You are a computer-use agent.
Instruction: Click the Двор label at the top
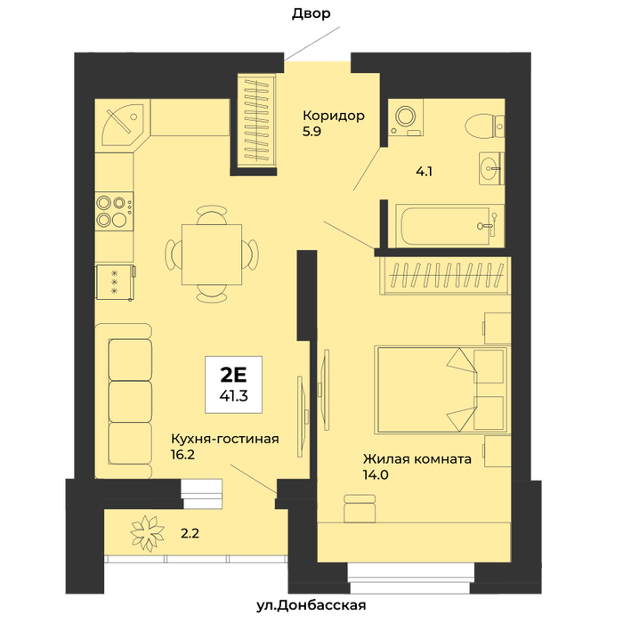pyautogui.click(x=311, y=14)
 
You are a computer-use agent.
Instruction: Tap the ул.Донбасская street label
pyautogui.click(x=311, y=605)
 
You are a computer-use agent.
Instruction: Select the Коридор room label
pyautogui.click(x=334, y=116)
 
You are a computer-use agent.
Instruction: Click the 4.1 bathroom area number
pyautogui.click(x=424, y=172)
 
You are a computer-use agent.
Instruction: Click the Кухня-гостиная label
pyautogui.click(x=225, y=439)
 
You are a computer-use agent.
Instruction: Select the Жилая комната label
pyautogui.click(x=417, y=459)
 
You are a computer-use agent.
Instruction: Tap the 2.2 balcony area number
pyautogui.click(x=190, y=533)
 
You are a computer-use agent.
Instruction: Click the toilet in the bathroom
pyautogui.click(x=485, y=126)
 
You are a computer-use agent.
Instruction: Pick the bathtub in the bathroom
pyautogui.click(x=449, y=226)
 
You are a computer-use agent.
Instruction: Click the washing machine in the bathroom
pyautogui.click(x=406, y=117)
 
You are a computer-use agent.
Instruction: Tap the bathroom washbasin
pyautogui.click(x=491, y=168)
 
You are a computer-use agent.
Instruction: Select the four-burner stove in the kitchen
pyautogui.click(x=115, y=211)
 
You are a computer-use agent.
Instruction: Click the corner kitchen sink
pyautogui.click(x=122, y=122)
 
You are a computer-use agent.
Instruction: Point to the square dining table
pyautogui.click(x=212, y=255)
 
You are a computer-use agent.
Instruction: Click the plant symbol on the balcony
pyautogui.click(x=148, y=533)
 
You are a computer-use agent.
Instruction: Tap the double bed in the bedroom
pyautogui.click(x=441, y=390)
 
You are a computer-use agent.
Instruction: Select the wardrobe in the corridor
pyautogui.click(x=255, y=122)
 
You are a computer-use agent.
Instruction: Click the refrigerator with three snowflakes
pyautogui.click(x=115, y=282)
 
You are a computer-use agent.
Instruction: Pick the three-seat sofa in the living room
pyautogui.click(x=124, y=401)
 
